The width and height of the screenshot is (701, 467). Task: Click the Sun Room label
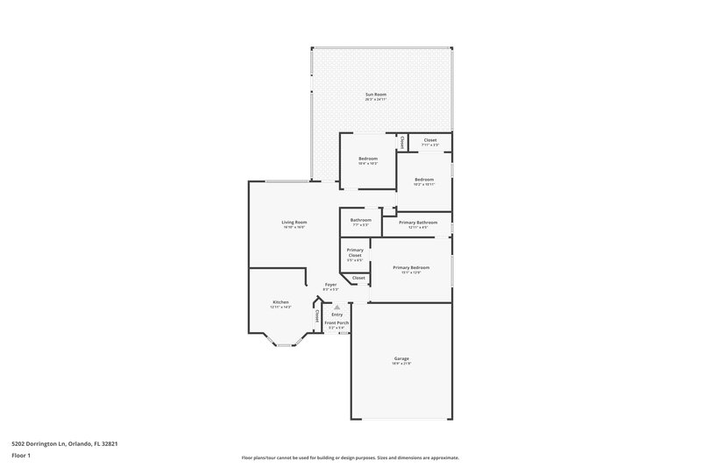[376, 94]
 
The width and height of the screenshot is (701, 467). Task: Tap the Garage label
[400, 358]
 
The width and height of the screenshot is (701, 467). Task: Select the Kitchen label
[280, 301]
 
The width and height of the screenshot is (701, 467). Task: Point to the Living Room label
[294, 222]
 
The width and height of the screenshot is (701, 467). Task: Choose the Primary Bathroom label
[418, 223]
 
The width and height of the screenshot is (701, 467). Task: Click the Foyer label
[330, 285]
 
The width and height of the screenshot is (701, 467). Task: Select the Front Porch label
[336, 322]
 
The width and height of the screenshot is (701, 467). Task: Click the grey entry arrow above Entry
[336, 307]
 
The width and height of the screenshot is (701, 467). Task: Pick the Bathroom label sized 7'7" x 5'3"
[360, 220]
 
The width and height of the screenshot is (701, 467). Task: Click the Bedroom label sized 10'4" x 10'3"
[367, 159]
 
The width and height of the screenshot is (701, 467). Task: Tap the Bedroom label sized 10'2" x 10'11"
[424, 180]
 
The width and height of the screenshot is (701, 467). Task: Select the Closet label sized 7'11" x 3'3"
[430, 140]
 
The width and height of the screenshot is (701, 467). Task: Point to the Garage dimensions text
[400, 364]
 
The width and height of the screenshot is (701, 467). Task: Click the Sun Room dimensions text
[376, 99]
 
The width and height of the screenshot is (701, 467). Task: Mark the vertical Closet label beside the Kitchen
[316, 315]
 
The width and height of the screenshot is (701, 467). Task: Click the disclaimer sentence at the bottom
[350, 457]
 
